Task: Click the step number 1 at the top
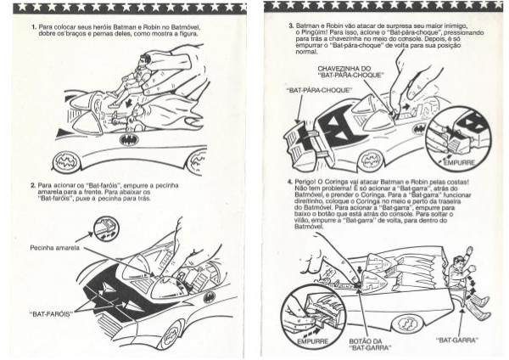click(x=33, y=26)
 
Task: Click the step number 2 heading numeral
click(x=33, y=186)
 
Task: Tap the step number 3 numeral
click(x=291, y=25)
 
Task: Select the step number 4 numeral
click(x=290, y=182)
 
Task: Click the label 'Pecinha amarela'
click(x=54, y=248)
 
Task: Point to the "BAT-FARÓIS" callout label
click(x=50, y=314)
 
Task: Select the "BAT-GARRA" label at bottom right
click(x=457, y=340)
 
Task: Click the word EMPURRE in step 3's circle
click(x=459, y=163)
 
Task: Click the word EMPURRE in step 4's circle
click(x=312, y=341)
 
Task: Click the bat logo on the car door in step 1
click(x=129, y=140)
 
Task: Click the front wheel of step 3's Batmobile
click(x=371, y=160)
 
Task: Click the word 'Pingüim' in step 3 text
click(x=311, y=32)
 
